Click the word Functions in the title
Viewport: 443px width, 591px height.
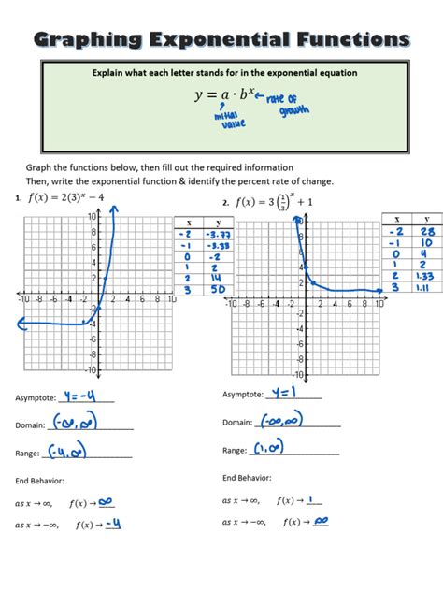pos(351,39)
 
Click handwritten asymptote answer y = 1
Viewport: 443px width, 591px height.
pos(290,393)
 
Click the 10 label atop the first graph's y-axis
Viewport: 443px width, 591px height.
pos(93,216)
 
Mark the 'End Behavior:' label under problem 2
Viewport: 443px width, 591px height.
pos(248,477)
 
